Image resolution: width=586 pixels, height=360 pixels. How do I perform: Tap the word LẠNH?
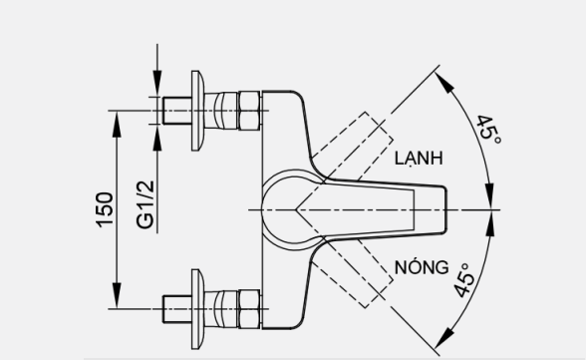(x=418, y=159)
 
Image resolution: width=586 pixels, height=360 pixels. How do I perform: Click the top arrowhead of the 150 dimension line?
(x=118, y=116)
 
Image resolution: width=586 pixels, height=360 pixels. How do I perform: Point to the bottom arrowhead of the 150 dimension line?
(x=118, y=298)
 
